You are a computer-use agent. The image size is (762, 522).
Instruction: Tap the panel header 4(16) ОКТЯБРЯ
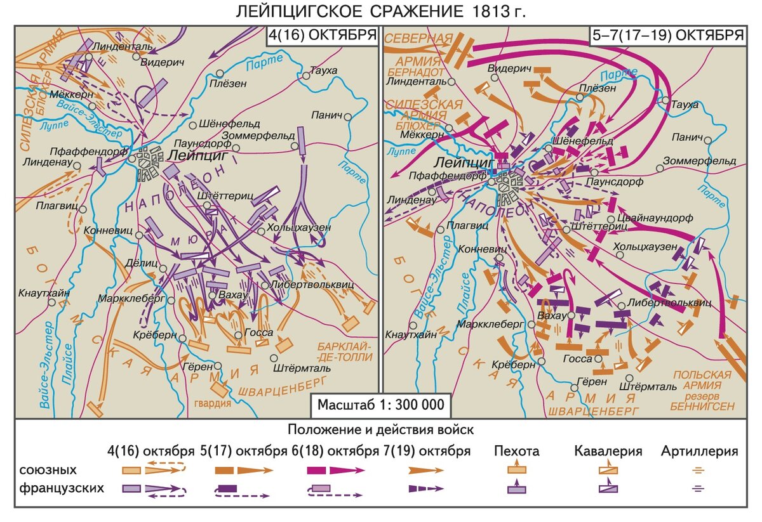[x=322, y=35]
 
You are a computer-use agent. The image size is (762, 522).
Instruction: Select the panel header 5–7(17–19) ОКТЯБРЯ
[x=667, y=35]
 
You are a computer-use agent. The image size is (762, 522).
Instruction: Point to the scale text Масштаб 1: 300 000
[x=381, y=405]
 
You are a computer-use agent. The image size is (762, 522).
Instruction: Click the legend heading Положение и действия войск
[x=381, y=430]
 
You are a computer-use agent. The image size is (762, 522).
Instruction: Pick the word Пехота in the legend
[x=518, y=452]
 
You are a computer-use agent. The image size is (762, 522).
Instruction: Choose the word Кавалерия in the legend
[x=608, y=452]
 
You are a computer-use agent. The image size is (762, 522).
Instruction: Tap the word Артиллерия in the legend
[x=699, y=452]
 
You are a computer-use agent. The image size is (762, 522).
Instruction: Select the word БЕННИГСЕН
[x=703, y=405]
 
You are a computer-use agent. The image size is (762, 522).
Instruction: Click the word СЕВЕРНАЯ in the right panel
[x=417, y=39]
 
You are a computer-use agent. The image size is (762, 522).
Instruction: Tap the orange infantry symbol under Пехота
[x=516, y=470]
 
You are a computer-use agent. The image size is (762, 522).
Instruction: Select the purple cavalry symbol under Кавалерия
[x=608, y=488]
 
